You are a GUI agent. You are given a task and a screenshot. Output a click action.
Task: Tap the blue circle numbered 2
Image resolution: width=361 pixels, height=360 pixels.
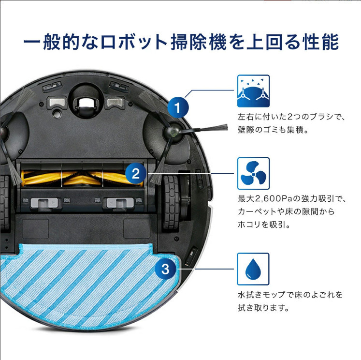click(136, 173)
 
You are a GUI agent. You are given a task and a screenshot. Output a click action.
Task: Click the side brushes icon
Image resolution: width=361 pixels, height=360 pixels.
click(253, 91)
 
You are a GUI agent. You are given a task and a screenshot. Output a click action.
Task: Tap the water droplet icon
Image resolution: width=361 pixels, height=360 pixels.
click(253, 269)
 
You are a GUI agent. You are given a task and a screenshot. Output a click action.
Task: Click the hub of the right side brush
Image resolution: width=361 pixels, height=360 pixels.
click(172, 129)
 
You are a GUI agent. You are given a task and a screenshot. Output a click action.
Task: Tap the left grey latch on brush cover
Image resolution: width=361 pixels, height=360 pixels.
click(43, 203)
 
